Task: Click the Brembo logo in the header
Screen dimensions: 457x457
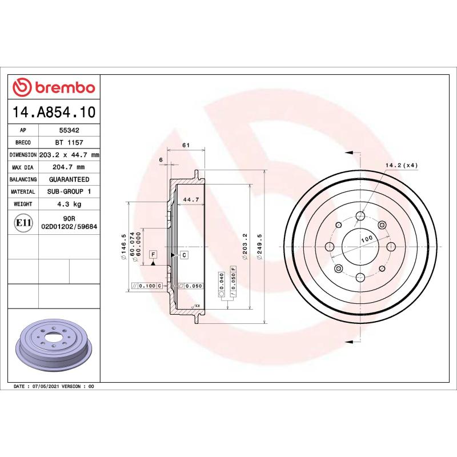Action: point(54,87)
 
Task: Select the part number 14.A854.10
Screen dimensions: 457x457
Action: point(54,112)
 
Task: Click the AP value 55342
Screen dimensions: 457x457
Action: point(69,130)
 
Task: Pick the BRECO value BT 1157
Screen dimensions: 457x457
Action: point(69,143)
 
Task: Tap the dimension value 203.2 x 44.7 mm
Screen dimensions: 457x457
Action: point(69,155)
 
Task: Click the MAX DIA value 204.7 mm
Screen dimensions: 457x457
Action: point(69,167)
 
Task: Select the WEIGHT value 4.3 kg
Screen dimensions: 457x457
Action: point(69,204)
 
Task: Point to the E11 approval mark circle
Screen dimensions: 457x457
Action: point(23,222)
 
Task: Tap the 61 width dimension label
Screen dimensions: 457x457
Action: point(186,146)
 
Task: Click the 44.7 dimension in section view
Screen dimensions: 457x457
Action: point(190,199)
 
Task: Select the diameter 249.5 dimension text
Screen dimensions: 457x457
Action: point(260,246)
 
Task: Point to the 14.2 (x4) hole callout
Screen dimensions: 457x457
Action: point(402,165)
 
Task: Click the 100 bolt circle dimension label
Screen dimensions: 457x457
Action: point(366,238)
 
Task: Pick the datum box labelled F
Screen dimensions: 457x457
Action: point(153,253)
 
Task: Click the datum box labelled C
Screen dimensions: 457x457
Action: point(184,255)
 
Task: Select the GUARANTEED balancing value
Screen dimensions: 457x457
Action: point(69,179)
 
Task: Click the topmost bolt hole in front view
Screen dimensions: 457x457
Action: point(360,216)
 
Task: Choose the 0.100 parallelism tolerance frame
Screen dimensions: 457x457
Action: point(147,285)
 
